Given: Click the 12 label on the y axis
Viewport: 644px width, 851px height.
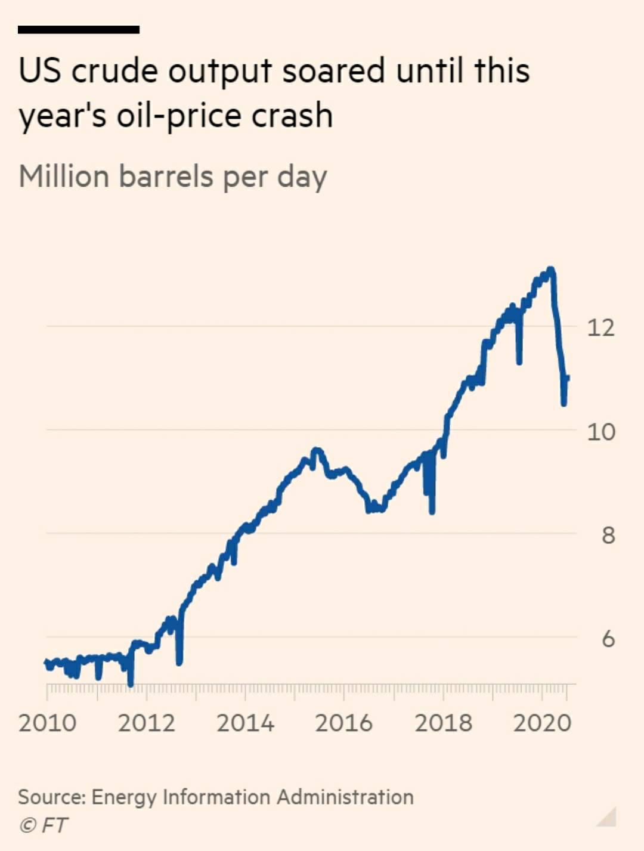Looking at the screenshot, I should (x=600, y=327).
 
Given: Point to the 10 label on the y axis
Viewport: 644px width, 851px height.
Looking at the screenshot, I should (x=600, y=431).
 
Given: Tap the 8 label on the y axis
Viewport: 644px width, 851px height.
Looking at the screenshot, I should (x=608, y=535).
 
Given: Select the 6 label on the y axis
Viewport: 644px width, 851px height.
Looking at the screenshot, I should (x=608, y=639).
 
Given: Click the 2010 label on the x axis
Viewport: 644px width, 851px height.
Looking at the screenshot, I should (x=47, y=723).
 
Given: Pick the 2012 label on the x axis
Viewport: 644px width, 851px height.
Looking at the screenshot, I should (x=146, y=723).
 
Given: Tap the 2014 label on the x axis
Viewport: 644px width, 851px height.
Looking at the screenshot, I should (x=245, y=723).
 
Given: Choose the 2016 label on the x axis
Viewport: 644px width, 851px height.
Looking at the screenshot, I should (x=343, y=723).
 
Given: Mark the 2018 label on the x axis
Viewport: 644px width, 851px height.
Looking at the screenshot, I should (x=443, y=723).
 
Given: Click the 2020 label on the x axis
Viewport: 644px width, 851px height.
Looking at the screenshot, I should (x=542, y=723).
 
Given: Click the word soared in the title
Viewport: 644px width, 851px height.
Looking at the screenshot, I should (x=333, y=71).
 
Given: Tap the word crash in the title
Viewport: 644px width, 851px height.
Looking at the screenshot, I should (x=292, y=115).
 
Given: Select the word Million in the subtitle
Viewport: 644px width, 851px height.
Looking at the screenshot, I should (x=64, y=177).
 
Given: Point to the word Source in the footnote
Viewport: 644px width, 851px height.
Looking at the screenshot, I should (x=52, y=797).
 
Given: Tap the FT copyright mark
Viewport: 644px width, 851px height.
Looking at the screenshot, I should (x=44, y=825).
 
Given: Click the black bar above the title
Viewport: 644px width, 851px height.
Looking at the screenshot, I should (x=79, y=29).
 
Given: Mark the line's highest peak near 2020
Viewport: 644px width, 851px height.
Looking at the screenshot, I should (x=550, y=270).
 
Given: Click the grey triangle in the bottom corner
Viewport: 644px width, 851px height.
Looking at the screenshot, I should (x=608, y=818).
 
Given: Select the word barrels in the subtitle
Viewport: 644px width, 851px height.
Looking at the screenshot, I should (x=166, y=177).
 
